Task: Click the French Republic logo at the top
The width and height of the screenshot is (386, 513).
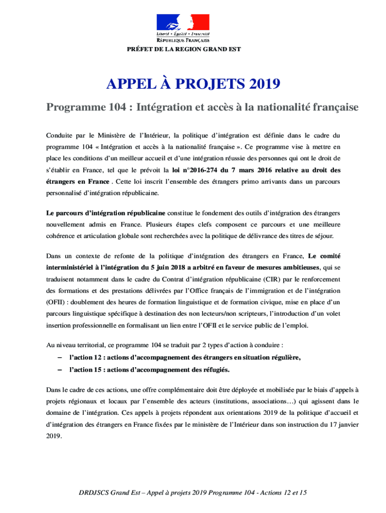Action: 183,28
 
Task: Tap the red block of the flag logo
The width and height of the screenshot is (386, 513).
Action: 200,22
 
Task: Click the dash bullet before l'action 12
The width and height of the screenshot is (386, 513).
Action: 60,357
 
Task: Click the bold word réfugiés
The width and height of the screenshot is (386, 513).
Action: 214,370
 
